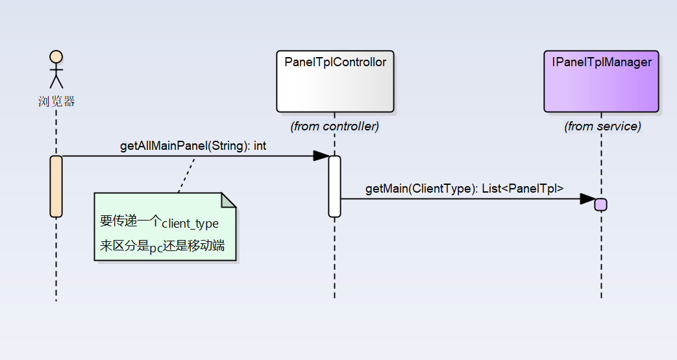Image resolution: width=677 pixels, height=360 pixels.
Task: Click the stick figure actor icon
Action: (x=56, y=69)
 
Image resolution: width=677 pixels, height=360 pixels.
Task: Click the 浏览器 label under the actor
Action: (x=56, y=101)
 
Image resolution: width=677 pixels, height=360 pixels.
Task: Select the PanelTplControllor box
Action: (x=335, y=82)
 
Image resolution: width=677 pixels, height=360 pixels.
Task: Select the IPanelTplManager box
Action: (x=601, y=82)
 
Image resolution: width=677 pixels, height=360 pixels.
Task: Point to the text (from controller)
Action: (x=334, y=126)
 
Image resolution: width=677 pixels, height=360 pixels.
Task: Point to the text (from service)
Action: (x=602, y=126)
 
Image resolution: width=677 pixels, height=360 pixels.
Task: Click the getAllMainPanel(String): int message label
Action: (x=193, y=146)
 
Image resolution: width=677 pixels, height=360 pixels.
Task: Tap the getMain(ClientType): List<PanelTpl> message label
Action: (x=464, y=189)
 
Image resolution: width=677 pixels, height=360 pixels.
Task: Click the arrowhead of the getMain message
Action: (x=587, y=198)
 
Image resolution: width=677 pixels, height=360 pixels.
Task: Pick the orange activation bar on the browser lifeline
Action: (x=56, y=186)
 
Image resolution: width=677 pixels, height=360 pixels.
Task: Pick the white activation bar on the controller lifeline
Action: (x=334, y=186)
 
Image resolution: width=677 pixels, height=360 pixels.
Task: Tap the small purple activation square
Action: (x=601, y=204)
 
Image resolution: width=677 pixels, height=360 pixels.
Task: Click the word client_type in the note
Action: (x=190, y=224)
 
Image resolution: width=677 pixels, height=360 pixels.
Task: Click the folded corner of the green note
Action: (x=228, y=200)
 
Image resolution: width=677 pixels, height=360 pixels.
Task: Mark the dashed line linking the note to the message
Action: (x=187, y=174)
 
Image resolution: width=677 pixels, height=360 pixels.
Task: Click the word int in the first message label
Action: (x=260, y=146)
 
